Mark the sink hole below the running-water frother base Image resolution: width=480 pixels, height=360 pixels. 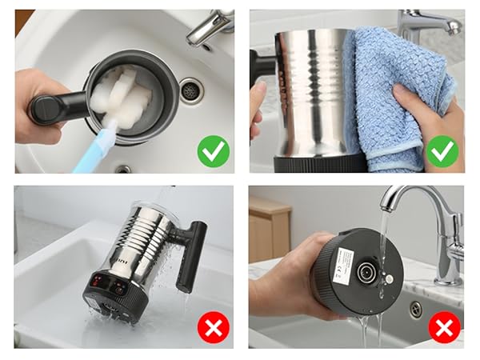click(x=417, y=309)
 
